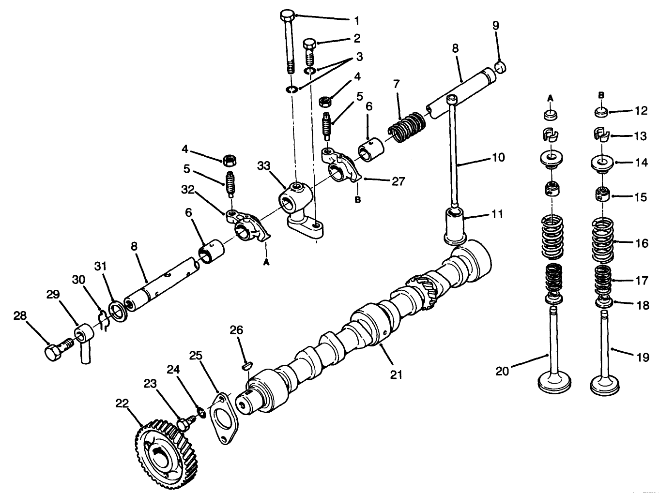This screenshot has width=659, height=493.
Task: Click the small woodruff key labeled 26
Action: [247, 366]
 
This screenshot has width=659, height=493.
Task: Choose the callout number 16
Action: [642, 243]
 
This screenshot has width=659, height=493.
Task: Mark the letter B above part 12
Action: [601, 95]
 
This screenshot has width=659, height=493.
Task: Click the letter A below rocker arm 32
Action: [265, 262]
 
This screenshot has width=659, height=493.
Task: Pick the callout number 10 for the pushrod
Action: [498, 157]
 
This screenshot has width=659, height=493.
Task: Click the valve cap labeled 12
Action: [601, 112]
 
